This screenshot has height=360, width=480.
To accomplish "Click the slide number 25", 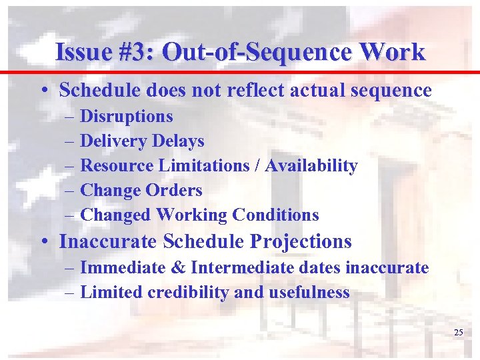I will [x=458, y=332].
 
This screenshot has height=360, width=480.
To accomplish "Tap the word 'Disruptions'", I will [x=126, y=117].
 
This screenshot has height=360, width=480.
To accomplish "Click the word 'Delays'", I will [x=178, y=141].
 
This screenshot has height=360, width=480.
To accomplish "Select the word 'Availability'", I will [x=311, y=166].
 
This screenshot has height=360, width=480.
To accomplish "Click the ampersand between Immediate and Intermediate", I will [x=179, y=268].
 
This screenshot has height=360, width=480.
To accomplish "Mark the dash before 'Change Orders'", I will [x=71, y=191].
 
